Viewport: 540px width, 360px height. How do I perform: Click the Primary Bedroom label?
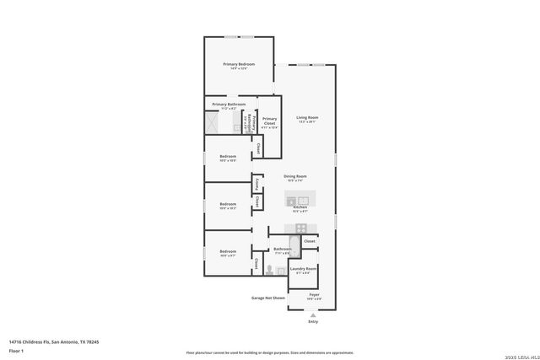239,65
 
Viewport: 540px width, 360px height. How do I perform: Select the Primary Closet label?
269,121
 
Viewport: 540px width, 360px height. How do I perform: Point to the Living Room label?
307,118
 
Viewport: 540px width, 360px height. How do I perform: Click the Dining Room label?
295,176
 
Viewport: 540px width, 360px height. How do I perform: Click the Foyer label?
313,295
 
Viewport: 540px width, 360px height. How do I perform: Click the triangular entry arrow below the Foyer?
313,314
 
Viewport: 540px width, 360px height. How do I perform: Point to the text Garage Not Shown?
268,298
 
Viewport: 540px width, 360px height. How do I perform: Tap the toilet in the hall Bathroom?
270,270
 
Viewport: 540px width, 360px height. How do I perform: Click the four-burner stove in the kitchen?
300,228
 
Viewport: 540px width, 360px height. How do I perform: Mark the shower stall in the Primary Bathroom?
212,123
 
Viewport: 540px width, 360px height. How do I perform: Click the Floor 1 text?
16,350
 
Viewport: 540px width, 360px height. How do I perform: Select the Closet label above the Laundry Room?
309,241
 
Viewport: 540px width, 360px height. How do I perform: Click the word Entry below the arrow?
313,321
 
